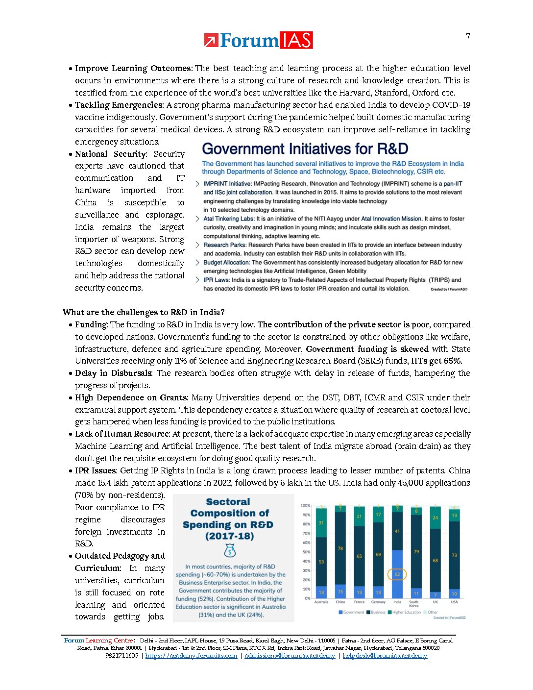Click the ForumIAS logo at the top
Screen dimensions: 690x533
click(258, 40)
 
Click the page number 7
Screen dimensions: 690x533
click(468, 36)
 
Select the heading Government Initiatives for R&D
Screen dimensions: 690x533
click(305, 149)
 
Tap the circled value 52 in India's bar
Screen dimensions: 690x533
click(397, 574)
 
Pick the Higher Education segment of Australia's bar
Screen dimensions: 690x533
click(321, 523)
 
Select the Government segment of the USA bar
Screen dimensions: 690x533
click(454, 593)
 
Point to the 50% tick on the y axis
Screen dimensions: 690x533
click(306, 552)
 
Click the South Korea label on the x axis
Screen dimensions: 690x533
click(414, 604)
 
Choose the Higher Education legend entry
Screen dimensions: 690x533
click(406, 612)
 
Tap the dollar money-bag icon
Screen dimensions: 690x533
click(229, 551)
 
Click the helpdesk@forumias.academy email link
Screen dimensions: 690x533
click(385, 656)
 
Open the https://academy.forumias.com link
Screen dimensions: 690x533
click(191, 656)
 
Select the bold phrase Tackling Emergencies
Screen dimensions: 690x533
click(118, 105)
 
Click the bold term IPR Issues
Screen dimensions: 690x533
click(96, 470)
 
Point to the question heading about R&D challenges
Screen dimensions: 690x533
click(144, 312)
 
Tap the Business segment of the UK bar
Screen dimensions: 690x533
click(435, 560)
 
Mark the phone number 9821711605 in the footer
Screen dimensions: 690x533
click(122, 656)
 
